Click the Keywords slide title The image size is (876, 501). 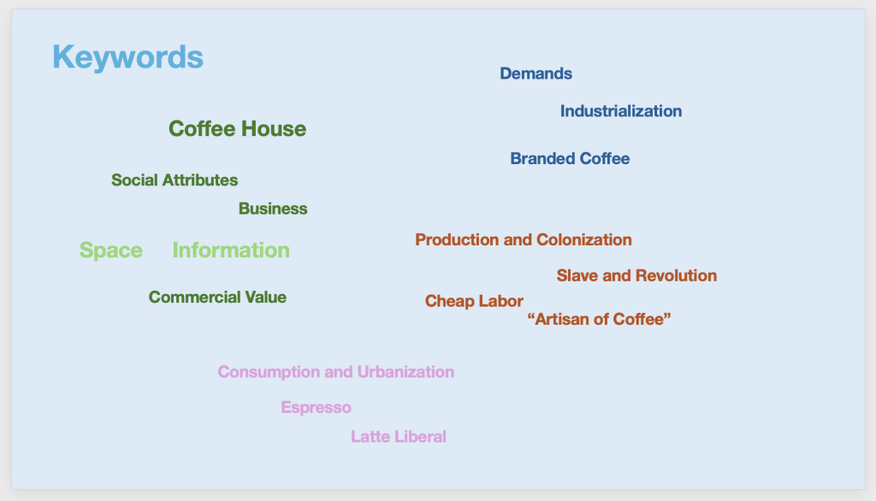(128, 57)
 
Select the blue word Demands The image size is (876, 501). (536, 74)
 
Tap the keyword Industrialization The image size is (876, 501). (621, 111)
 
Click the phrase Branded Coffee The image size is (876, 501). (570, 159)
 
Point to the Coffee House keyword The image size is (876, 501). (238, 129)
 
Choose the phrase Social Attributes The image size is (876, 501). (175, 180)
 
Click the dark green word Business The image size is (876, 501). (273, 209)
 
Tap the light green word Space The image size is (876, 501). (111, 250)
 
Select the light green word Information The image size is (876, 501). (231, 250)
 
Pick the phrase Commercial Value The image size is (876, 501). (217, 298)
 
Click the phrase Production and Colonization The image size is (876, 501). (524, 239)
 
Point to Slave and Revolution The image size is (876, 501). (636, 275)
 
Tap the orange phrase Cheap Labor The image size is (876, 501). (474, 301)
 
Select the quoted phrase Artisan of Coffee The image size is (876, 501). (599, 319)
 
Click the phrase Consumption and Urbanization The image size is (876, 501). (335, 372)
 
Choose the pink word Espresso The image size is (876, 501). (316, 408)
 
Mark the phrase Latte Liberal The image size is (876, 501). (399, 436)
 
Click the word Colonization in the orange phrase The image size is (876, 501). (583, 239)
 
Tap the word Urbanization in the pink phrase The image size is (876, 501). (405, 372)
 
